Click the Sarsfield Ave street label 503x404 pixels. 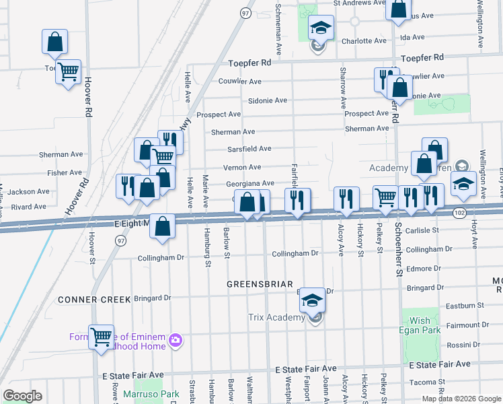point(249,149)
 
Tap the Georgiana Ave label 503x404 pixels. point(250,184)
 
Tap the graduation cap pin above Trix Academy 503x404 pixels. point(312,300)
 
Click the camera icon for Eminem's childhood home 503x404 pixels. point(176,338)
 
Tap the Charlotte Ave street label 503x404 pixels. point(364,41)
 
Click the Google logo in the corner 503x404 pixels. point(22,395)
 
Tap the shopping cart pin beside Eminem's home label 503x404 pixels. point(101,336)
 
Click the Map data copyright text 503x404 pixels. point(461,399)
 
